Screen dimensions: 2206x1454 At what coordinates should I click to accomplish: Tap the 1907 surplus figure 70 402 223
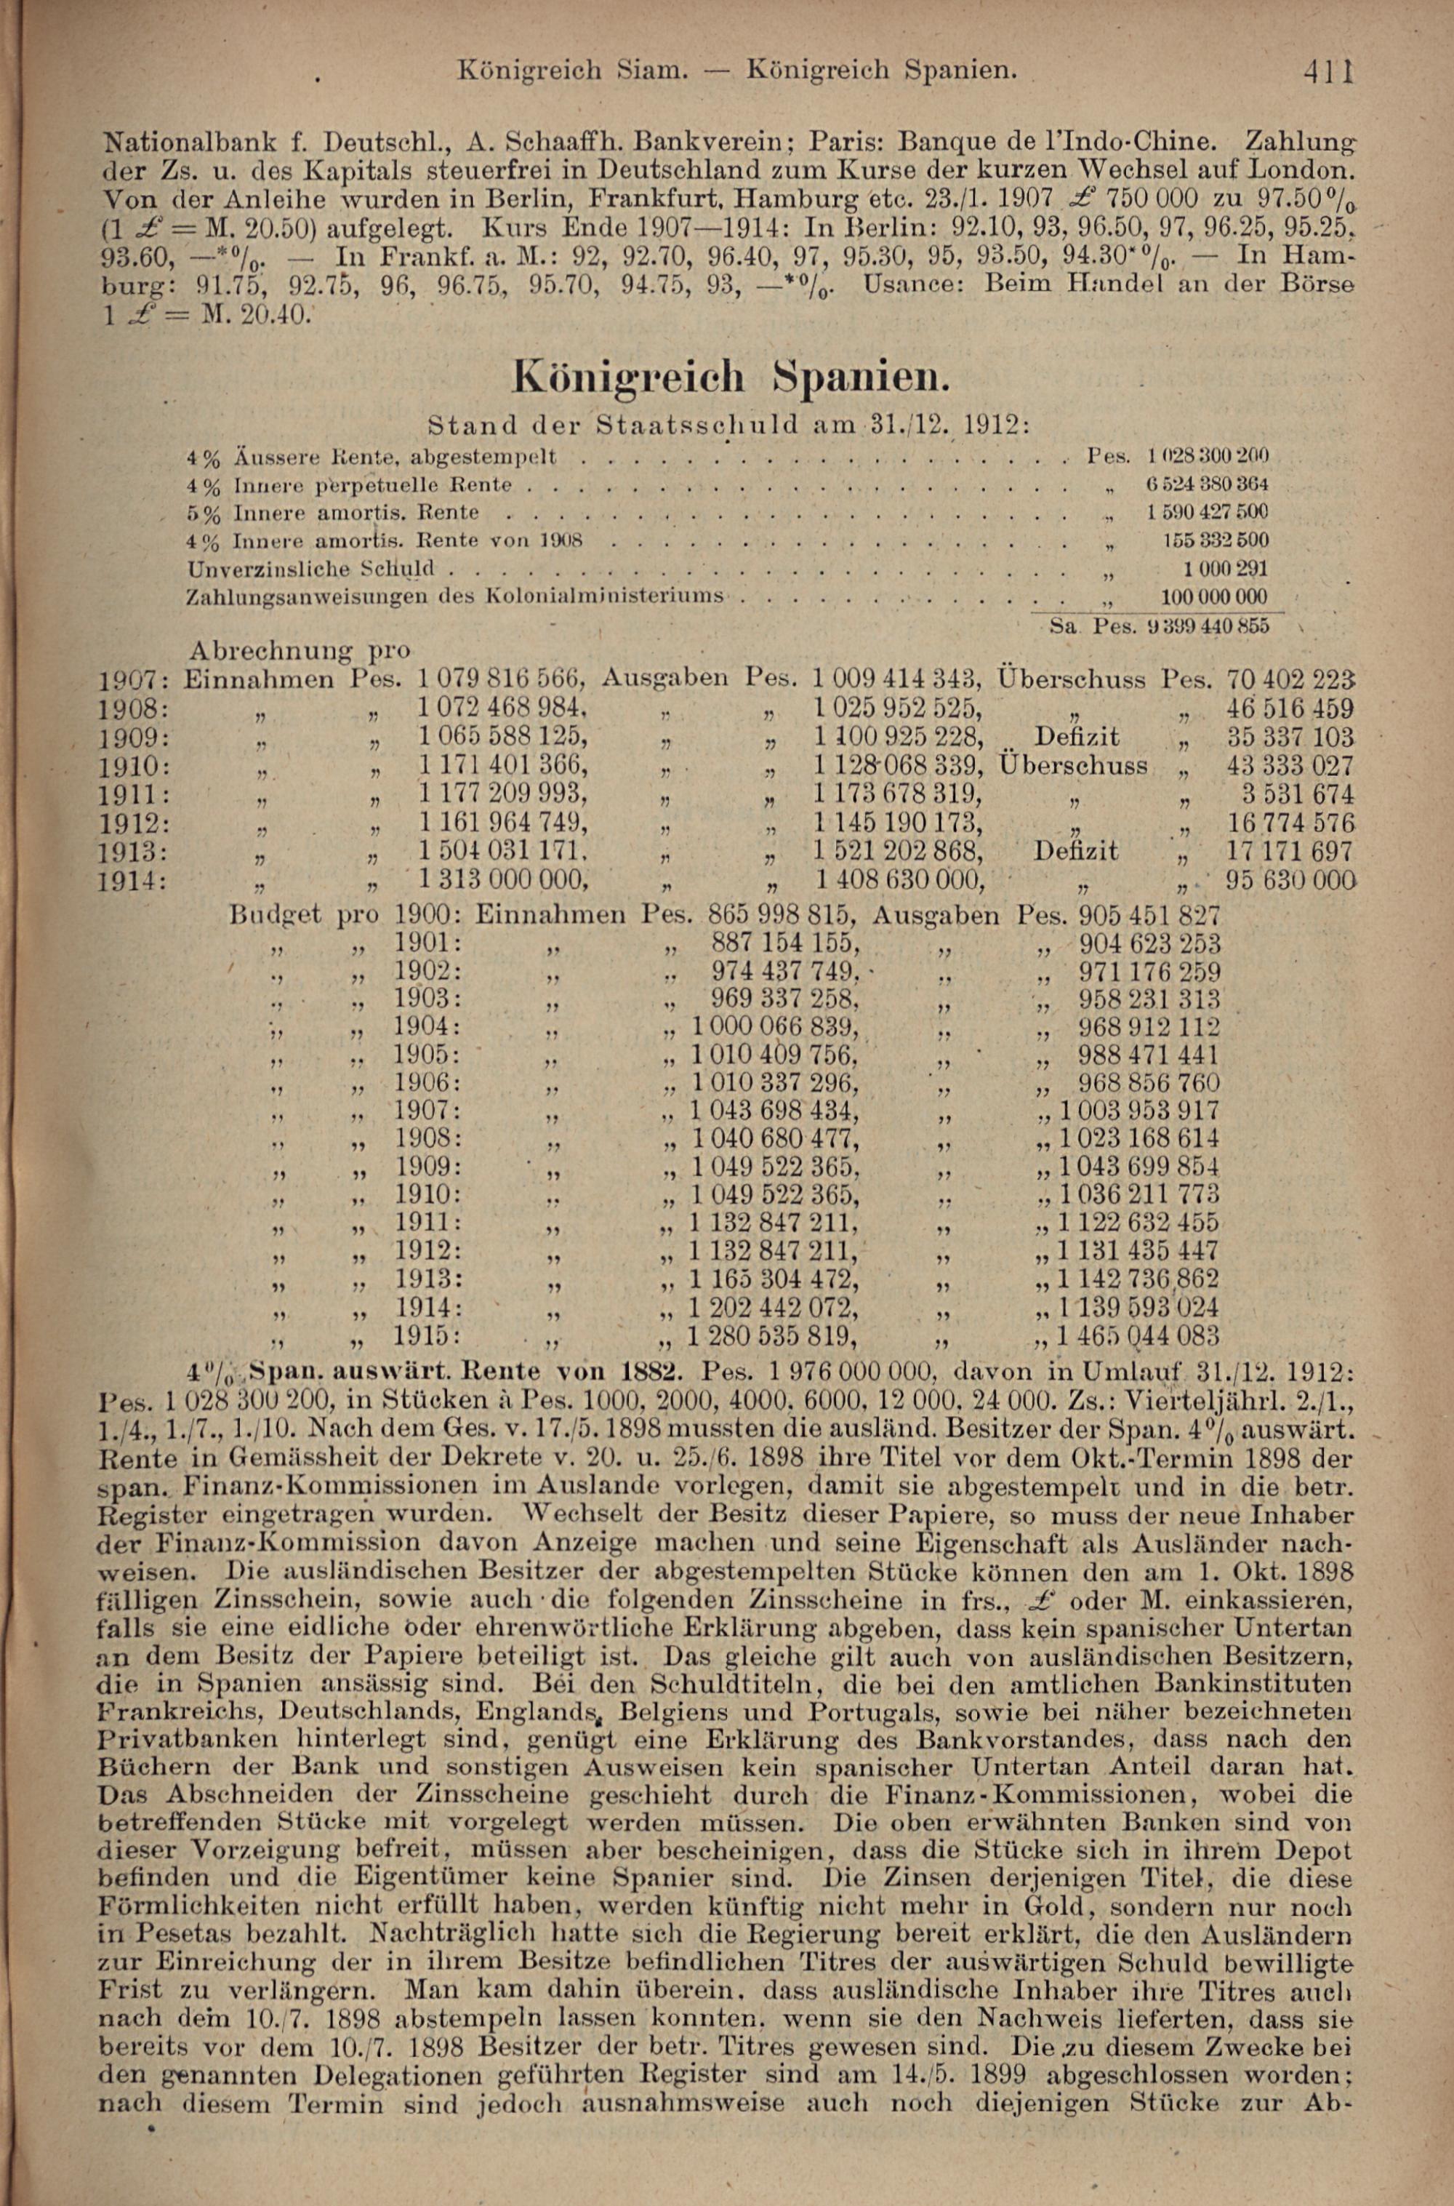1290,679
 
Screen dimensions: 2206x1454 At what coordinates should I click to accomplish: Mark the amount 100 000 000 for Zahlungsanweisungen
1215,596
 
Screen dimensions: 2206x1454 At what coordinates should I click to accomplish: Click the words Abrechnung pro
300,649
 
